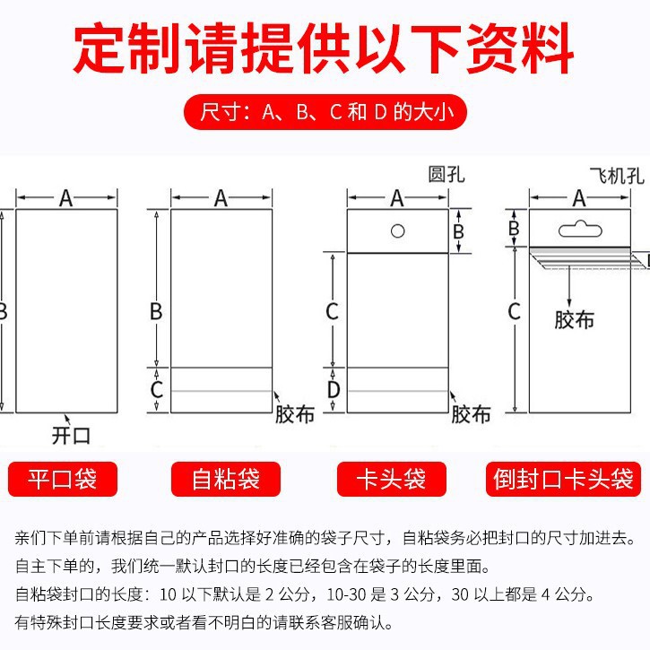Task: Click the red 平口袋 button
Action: [x=63, y=480]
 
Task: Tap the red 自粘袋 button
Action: [x=226, y=480]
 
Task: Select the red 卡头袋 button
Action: [x=393, y=480]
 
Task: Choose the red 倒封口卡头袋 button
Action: [x=564, y=480]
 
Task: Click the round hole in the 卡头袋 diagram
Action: [x=397, y=230]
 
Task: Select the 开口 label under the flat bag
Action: [x=72, y=436]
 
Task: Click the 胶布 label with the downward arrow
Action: [x=574, y=318]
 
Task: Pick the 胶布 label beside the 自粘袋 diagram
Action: [x=295, y=414]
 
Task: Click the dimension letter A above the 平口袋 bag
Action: [x=65, y=198]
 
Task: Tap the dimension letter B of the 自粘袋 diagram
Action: [x=156, y=311]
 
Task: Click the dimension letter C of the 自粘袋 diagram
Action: [x=156, y=390]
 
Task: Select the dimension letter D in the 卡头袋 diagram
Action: [x=333, y=390]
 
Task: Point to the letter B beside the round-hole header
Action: [x=457, y=231]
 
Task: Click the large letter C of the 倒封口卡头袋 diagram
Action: [x=515, y=311]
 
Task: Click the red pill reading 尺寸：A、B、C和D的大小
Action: [x=325, y=113]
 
